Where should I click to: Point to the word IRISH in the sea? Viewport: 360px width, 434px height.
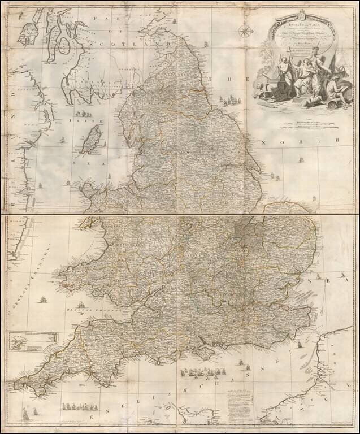(x=76, y=121)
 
